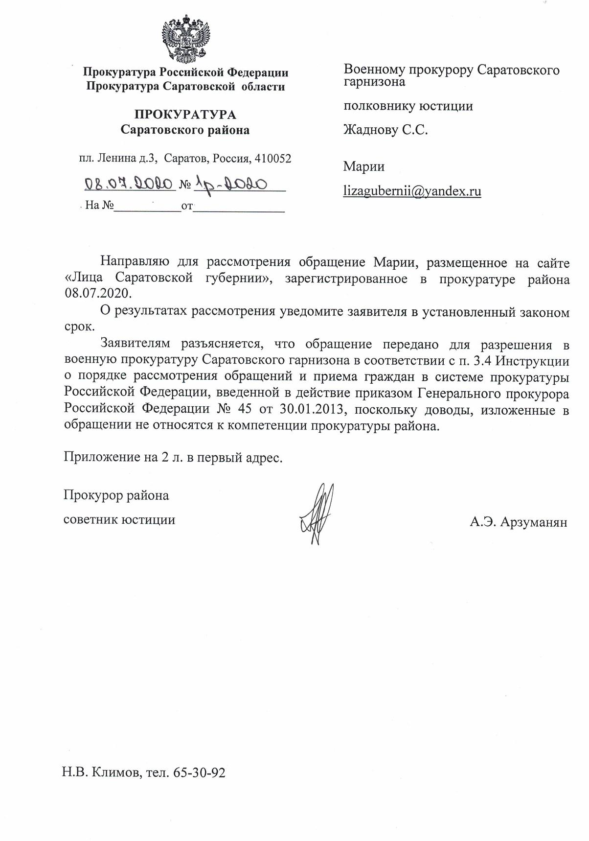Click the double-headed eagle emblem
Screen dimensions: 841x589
click(185, 38)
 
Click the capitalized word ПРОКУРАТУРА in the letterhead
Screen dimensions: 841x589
click(185, 115)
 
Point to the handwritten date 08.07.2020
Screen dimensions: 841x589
click(130, 184)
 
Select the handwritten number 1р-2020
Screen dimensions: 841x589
click(230, 184)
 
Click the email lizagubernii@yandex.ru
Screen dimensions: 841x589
click(412, 191)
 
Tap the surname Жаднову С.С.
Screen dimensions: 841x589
click(385, 130)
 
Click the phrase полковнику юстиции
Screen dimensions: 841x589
click(408, 106)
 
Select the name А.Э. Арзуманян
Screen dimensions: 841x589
click(518, 522)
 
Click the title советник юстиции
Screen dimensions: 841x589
click(119, 519)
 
